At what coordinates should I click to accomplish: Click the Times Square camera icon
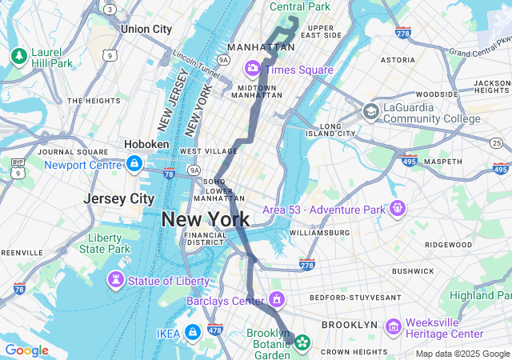tap(253, 69)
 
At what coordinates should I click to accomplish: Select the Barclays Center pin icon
tap(277, 301)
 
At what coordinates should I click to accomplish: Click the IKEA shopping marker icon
tap(192, 332)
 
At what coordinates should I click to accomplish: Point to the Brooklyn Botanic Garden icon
tap(302, 344)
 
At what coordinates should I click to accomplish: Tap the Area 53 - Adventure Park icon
tap(397, 209)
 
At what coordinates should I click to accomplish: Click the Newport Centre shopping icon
tap(134, 165)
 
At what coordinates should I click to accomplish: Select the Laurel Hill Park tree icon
tap(18, 56)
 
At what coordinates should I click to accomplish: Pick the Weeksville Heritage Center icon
tap(393, 326)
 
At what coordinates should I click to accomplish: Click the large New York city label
tap(205, 218)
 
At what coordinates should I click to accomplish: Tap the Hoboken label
tap(146, 144)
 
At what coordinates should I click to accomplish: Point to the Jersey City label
tap(119, 198)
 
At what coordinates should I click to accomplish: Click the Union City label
tap(146, 29)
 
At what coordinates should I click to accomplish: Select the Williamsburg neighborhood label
tap(319, 233)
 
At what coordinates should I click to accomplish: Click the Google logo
tap(26, 350)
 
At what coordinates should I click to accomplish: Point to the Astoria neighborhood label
tap(398, 60)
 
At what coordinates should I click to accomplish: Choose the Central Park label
tap(299, 6)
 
